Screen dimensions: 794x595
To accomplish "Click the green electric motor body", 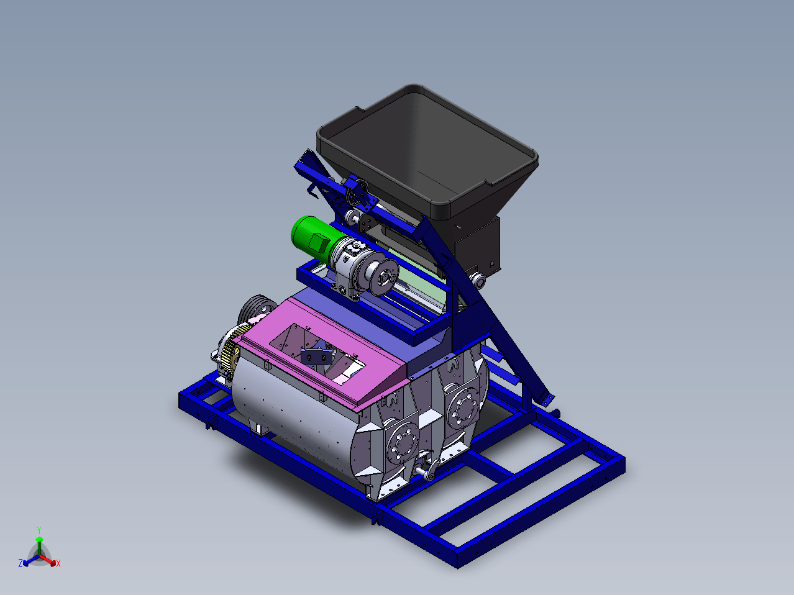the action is [x=316, y=238].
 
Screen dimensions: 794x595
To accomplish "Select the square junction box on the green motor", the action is [x=318, y=242].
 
